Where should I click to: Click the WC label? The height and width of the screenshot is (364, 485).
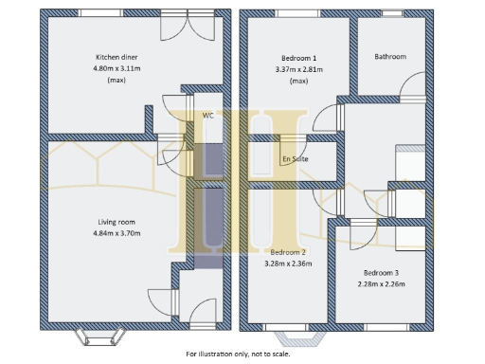207,116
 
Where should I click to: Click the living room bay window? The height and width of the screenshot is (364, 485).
98,334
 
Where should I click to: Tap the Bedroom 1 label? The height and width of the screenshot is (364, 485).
300,57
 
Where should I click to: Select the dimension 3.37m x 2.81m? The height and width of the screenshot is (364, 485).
300,68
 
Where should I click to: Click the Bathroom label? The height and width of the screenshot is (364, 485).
389,57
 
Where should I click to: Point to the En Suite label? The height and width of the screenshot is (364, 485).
294,159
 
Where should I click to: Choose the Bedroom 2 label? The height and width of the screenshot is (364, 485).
287,252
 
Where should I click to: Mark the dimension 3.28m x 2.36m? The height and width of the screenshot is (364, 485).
287,264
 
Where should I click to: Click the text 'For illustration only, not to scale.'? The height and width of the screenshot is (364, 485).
238,355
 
